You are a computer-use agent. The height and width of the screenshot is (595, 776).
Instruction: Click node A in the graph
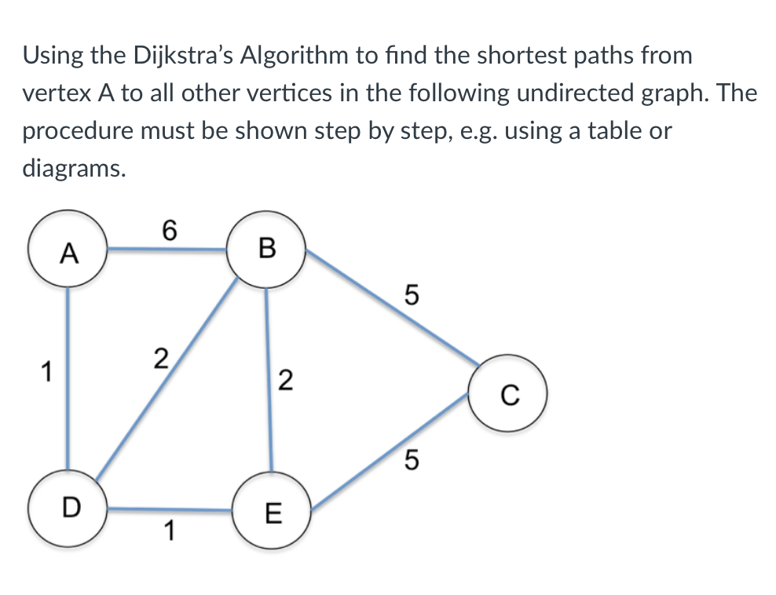coord(68,250)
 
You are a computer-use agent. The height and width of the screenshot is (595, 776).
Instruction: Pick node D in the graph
coord(68,507)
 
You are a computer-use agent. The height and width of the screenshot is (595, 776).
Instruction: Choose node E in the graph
coord(272,513)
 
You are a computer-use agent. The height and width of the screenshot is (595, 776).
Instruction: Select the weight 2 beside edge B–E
coord(285,382)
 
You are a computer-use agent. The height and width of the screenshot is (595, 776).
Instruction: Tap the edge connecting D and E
coord(169,509)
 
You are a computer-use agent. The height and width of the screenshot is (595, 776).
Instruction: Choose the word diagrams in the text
coord(73,168)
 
